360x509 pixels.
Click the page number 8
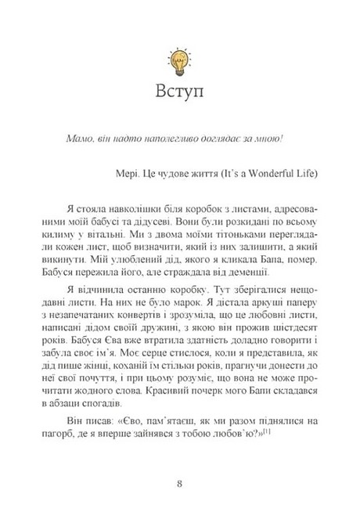point(179,482)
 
